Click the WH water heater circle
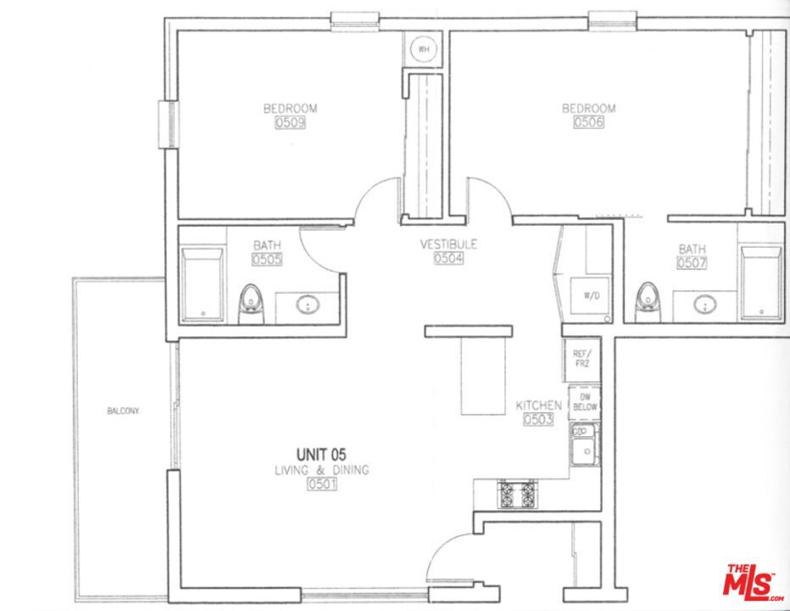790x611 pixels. (x=424, y=49)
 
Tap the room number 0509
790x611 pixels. (x=290, y=122)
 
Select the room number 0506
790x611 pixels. (x=588, y=122)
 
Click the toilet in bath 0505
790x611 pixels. (x=251, y=305)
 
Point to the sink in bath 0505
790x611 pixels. (x=308, y=305)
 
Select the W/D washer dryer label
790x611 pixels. (x=592, y=295)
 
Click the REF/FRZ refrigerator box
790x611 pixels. (x=582, y=359)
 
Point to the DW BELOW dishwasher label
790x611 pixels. (x=585, y=402)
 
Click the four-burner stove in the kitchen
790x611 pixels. (x=516, y=494)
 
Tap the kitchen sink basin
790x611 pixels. (x=585, y=447)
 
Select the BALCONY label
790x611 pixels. (x=123, y=411)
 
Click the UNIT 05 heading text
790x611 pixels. (x=321, y=455)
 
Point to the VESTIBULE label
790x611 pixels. (x=448, y=244)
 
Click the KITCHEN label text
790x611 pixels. (x=538, y=405)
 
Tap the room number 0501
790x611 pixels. (x=322, y=484)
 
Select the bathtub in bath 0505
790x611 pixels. (x=203, y=284)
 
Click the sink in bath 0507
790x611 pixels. (x=704, y=305)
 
